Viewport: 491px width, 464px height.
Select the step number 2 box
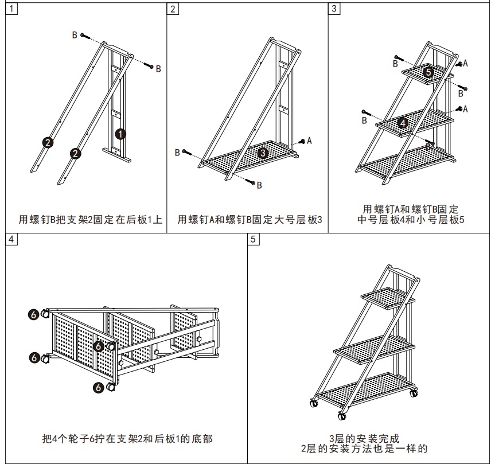pyautogui.click(x=173, y=9)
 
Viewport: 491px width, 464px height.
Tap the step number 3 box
pyautogui.click(x=334, y=9)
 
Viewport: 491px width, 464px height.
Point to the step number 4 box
pyautogui.click(x=11, y=239)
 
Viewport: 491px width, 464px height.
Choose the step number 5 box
pyautogui.click(x=254, y=239)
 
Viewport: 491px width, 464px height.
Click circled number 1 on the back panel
pyautogui.click(x=120, y=134)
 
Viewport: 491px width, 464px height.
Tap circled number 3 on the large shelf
pyautogui.click(x=263, y=153)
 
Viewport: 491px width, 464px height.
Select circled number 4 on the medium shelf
pyautogui.click(x=403, y=122)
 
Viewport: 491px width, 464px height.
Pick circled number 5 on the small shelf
pyautogui.click(x=428, y=72)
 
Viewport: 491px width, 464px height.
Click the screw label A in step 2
pyautogui.click(x=309, y=140)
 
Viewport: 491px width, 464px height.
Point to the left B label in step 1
pyautogui.click(x=75, y=35)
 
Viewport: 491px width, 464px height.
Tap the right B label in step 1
pyautogui.click(x=158, y=68)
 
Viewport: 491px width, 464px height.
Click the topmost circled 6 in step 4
pyautogui.click(x=34, y=314)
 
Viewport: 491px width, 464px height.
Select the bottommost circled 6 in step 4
pyautogui.click(x=98, y=388)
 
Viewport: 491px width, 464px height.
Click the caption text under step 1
pyautogui.click(x=90, y=219)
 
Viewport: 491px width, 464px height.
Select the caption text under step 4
pyautogui.click(x=127, y=439)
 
